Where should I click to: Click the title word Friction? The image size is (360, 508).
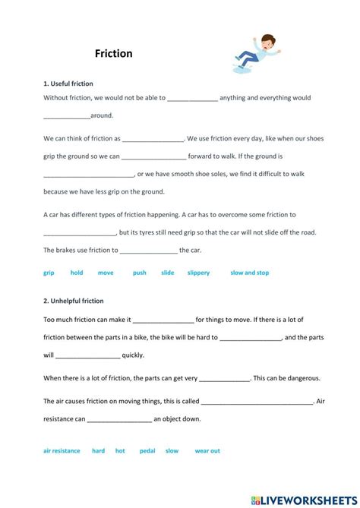(x=114, y=54)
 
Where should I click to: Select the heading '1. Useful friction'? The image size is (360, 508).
(x=68, y=84)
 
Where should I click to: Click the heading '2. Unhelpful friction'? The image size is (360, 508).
(x=74, y=301)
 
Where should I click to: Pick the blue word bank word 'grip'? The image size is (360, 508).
(x=49, y=273)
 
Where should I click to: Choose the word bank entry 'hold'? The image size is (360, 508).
(x=77, y=273)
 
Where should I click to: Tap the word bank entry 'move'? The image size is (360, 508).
(x=106, y=273)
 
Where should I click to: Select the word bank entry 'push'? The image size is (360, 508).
(x=139, y=273)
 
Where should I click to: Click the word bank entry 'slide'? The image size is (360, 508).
(x=167, y=273)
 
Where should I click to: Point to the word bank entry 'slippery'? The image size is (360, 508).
(x=198, y=273)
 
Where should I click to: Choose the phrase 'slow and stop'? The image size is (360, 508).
(x=250, y=273)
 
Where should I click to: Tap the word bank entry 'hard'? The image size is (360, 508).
(x=99, y=450)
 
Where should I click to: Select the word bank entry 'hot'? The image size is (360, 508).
(x=120, y=450)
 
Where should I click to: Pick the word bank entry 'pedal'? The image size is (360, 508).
(x=147, y=450)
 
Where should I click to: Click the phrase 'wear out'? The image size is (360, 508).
(x=207, y=450)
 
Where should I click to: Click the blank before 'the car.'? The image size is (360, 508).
(x=149, y=251)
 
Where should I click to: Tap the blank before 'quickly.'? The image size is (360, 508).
(x=87, y=355)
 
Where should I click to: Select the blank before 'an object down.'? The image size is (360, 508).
(x=119, y=419)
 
